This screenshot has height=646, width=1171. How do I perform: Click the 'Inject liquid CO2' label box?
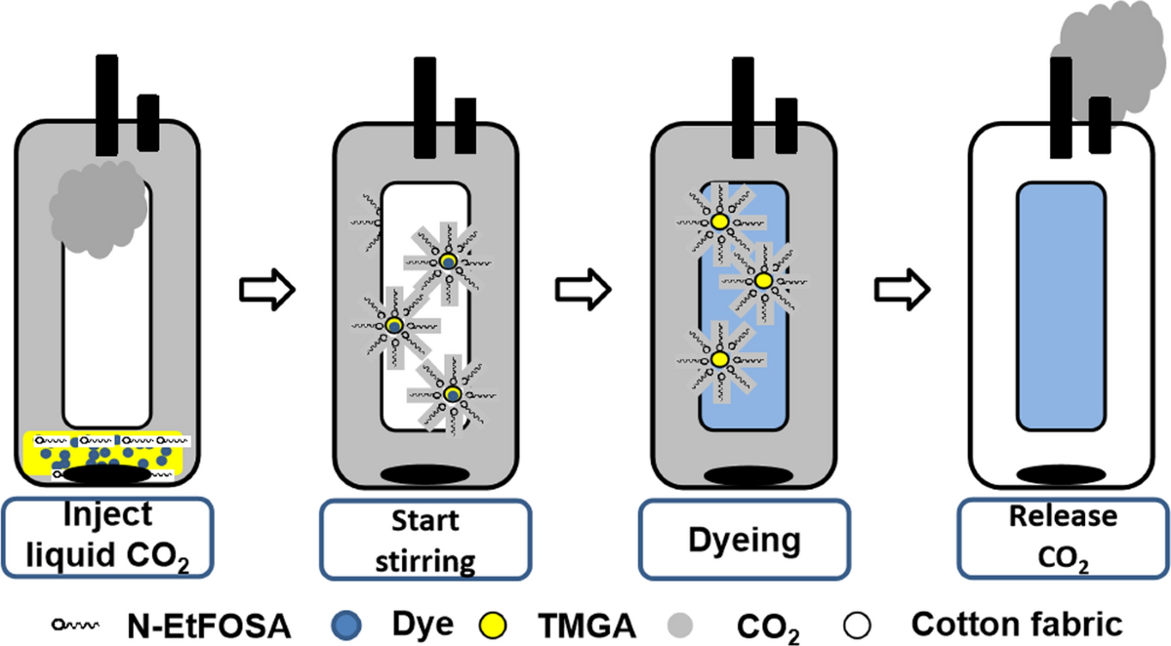click(x=109, y=536)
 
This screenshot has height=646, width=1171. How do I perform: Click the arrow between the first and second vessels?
click(x=265, y=290)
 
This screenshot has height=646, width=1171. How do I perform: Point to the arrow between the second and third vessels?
click(x=583, y=288)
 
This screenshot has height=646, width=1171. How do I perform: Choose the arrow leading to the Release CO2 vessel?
click(x=899, y=289)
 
